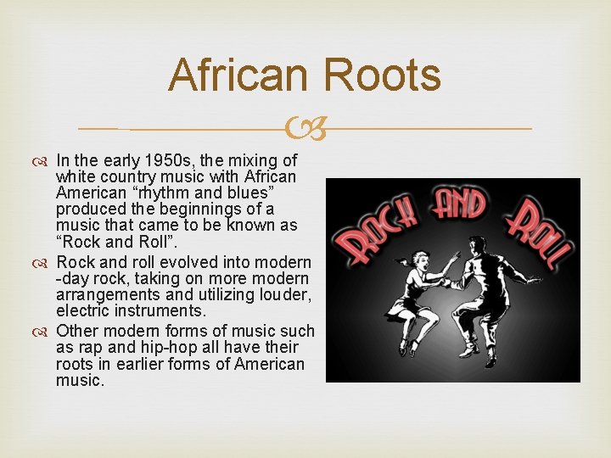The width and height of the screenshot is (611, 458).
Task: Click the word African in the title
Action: [235, 75]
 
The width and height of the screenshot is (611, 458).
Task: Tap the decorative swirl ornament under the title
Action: [305, 129]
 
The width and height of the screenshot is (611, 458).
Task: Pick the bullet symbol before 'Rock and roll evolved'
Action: [43, 263]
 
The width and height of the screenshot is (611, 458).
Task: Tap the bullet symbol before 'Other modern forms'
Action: [43, 331]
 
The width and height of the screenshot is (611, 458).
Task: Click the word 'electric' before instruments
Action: [85, 311]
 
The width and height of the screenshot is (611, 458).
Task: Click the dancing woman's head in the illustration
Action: [401, 264]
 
